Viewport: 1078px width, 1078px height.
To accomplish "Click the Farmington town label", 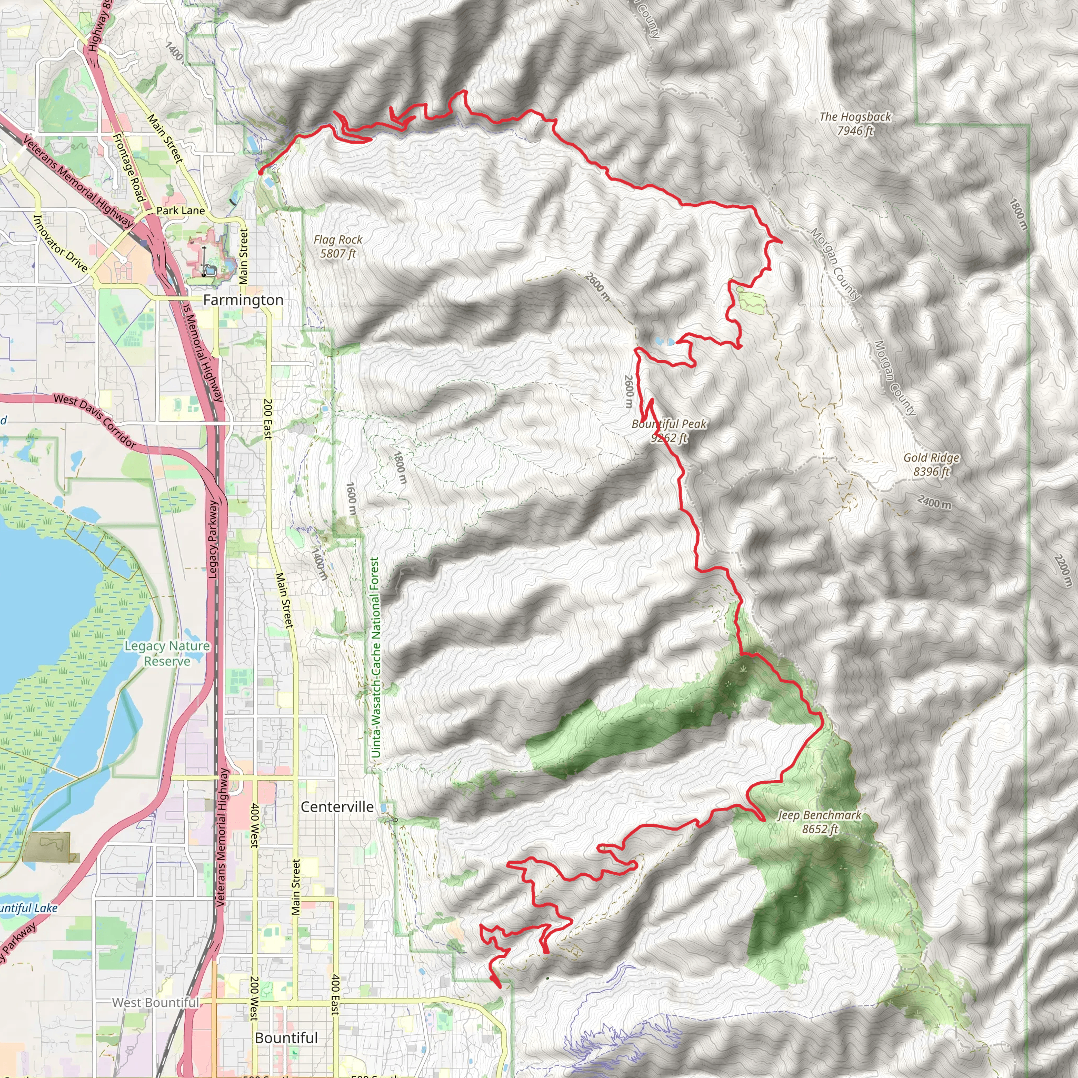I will tap(243, 300).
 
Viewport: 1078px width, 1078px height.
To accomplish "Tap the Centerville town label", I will tap(337, 807).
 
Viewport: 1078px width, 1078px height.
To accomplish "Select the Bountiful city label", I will tap(286, 1038).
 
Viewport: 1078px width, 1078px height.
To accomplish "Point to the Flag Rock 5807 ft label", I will tap(337, 246).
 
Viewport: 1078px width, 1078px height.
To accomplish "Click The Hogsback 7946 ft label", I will tap(855, 123).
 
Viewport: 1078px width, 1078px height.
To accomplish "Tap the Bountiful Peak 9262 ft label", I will tap(669, 431).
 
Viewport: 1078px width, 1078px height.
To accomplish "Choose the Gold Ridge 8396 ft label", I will tap(931, 464).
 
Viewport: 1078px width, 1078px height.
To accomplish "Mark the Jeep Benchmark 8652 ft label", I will tap(820, 822).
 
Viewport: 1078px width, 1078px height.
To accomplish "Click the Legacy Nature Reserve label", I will tap(167, 653).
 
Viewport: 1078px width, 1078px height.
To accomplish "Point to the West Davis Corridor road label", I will tap(95, 421).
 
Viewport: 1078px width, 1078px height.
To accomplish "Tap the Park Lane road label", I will tap(181, 211).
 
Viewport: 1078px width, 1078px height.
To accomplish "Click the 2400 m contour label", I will tap(935, 502).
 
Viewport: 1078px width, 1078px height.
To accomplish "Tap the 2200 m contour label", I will tap(1063, 570).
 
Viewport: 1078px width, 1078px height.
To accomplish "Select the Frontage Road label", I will tap(129, 167).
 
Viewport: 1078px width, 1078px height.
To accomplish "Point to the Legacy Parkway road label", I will tap(213, 539).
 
